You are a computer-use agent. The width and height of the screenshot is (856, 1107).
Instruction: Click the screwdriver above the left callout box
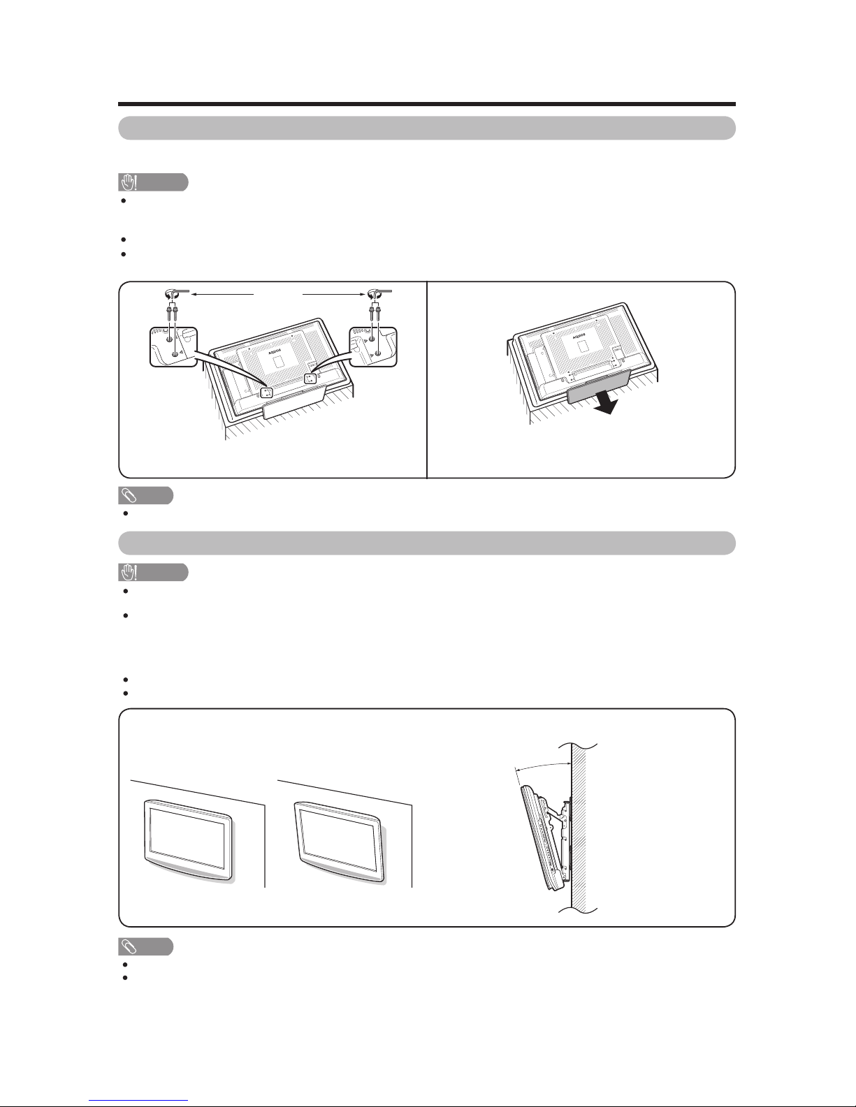[175, 294]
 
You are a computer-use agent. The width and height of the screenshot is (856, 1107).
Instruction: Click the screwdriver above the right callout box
[379, 294]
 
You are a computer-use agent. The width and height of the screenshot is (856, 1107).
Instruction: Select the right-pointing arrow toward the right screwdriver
[333, 294]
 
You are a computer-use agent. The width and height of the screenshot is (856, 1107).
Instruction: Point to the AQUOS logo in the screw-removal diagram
[275, 351]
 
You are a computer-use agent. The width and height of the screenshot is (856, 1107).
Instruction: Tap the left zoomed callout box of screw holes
[173, 346]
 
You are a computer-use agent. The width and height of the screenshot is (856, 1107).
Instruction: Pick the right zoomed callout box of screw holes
[373, 346]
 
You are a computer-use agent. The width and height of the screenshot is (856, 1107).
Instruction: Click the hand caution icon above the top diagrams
[129, 182]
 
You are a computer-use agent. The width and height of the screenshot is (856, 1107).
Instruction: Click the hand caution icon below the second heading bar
[129, 572]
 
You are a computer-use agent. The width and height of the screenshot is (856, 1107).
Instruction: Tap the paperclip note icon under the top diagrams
[129, 495]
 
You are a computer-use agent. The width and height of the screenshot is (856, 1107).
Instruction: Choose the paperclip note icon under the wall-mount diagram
[129, 946]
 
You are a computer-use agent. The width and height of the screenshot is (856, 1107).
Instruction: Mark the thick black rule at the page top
[427, 104]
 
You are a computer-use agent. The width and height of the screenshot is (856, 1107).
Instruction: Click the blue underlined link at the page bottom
[138, 1099]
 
